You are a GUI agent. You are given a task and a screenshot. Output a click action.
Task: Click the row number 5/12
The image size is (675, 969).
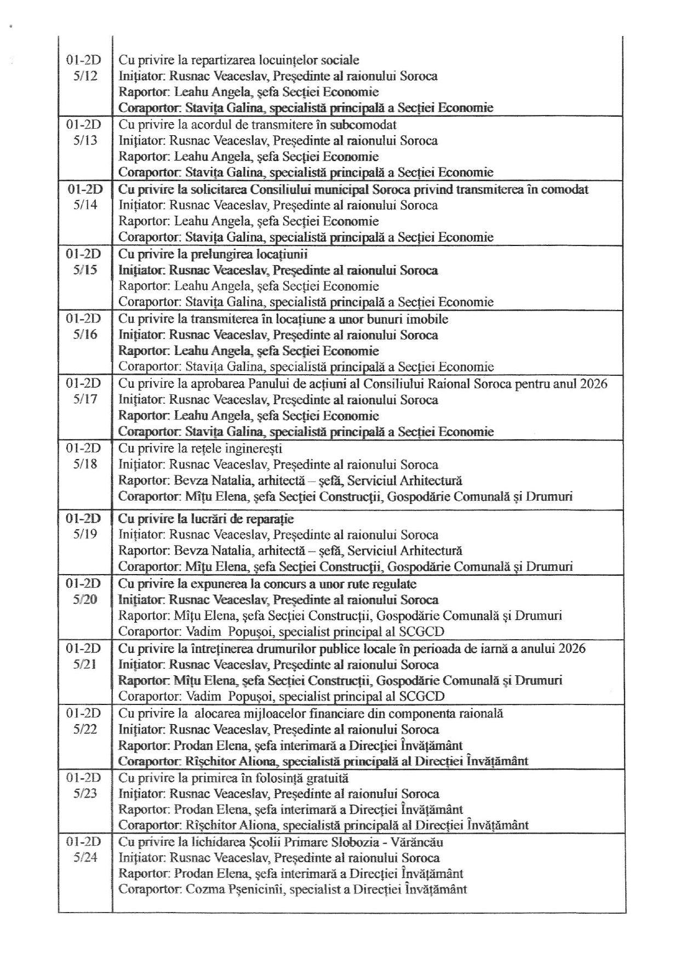[x=85, y=76]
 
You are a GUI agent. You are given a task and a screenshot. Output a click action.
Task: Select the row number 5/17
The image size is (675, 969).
[x=85, y=399]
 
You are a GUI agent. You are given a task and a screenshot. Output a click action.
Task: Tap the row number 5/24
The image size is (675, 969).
[x=85, y=858]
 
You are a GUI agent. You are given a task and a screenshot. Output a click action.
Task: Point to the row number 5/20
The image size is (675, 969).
[x=85, y=600]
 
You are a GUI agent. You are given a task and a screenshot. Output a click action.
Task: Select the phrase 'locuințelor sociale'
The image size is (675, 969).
[x=313, y=60]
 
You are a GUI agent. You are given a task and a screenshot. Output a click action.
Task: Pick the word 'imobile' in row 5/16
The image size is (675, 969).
[x=428, y=319]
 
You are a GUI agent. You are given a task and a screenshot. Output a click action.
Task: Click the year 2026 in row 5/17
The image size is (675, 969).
[x=592, y=383]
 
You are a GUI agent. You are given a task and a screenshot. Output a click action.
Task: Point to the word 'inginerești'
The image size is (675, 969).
[x=255, y=449]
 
